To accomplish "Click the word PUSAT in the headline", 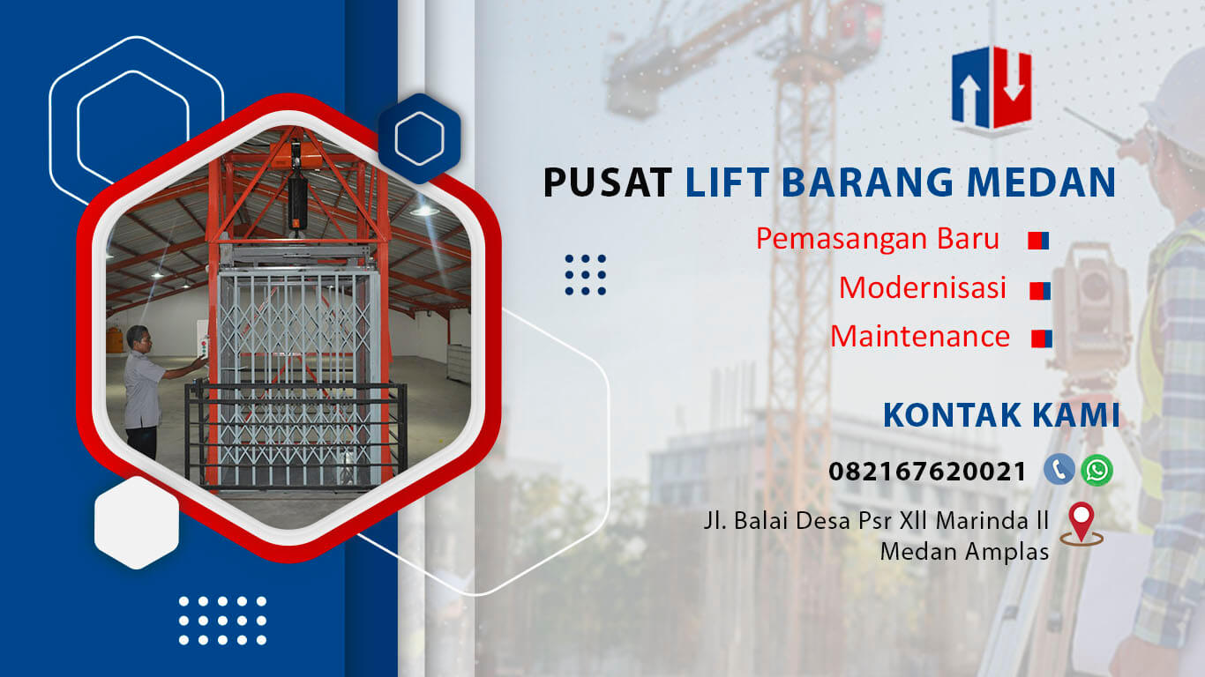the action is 607,182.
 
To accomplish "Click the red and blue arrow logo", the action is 992,90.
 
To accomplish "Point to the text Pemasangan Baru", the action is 878,239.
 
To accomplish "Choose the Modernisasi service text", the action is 923,287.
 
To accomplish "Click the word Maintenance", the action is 920,337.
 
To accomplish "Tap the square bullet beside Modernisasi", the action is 1040,291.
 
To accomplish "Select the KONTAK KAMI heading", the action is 1001,415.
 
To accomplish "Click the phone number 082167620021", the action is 927,472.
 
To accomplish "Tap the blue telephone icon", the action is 1059,470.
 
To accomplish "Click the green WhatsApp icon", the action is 1096,470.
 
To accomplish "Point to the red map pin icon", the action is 1082,524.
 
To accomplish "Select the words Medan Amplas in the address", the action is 964,552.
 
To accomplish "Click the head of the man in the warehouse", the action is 138,339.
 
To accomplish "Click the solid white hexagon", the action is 137,523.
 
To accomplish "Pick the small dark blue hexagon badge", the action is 420,138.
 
